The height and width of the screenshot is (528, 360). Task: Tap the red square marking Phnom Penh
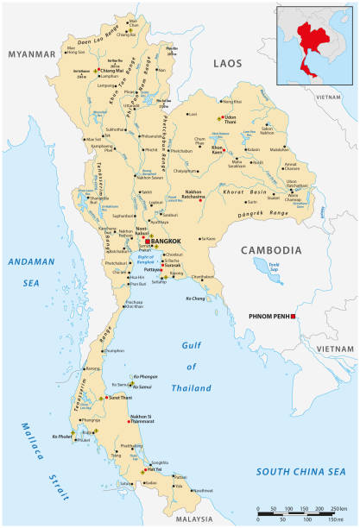(x=294, y=317)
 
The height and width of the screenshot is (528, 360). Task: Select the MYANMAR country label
(x=31, y=53)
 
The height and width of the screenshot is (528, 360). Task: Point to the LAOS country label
(x=229, y=63)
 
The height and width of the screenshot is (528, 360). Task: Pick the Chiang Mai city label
(x=112, y=71)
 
